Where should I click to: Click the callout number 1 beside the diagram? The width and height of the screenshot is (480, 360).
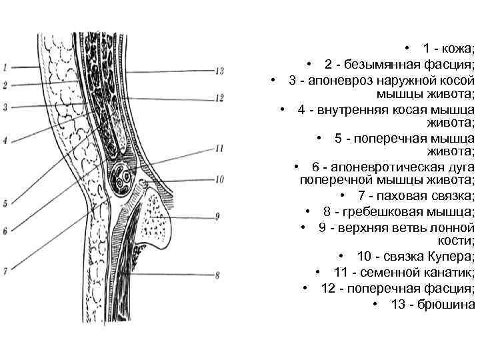pos(4,67)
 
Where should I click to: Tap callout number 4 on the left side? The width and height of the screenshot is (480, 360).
pos(4,141)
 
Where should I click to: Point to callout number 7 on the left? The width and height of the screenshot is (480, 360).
pos(4,271)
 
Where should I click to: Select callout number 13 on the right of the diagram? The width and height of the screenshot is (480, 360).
pos(219,71)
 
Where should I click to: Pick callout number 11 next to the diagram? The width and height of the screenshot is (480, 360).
pos(219,148)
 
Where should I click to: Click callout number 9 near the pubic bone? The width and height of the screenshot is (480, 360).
pos(217,216)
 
